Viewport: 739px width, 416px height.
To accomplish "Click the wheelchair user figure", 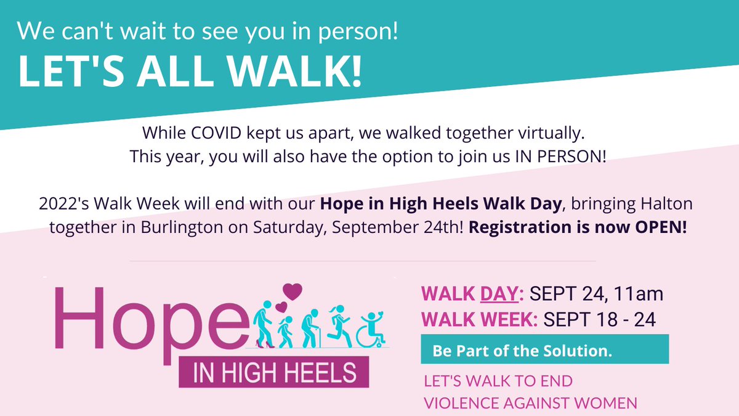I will pyautogui.click(x=371, y=330).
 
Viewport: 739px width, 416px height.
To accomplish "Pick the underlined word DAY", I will pyautogui.click(x=500, y=293).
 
